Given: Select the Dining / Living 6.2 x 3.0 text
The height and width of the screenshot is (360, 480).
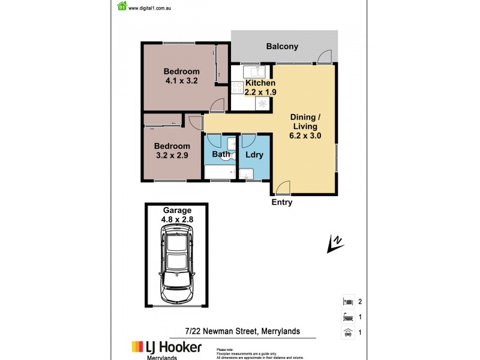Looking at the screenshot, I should pyautogui.click(x=305, y=126).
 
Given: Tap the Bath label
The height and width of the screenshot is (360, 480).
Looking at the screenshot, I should pyautogui.click(x=221, y=154).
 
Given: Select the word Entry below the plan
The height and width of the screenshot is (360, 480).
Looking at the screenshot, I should pyautogui.click(x=282, y=203).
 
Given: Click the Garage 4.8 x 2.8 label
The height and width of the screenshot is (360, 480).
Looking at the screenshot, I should pyautogui.click(x=176, y=215).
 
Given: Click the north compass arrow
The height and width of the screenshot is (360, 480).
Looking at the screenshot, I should pyautogui.click(x=334, y=244).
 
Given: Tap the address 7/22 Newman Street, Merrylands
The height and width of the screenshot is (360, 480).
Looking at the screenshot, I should pyautogui.click(x=242, y=331).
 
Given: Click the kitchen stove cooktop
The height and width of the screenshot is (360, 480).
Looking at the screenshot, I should pyautogui.click(x=237, y=88).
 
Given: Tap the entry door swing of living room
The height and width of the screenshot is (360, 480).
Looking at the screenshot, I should pyautogui.click(x=282, y=187).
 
